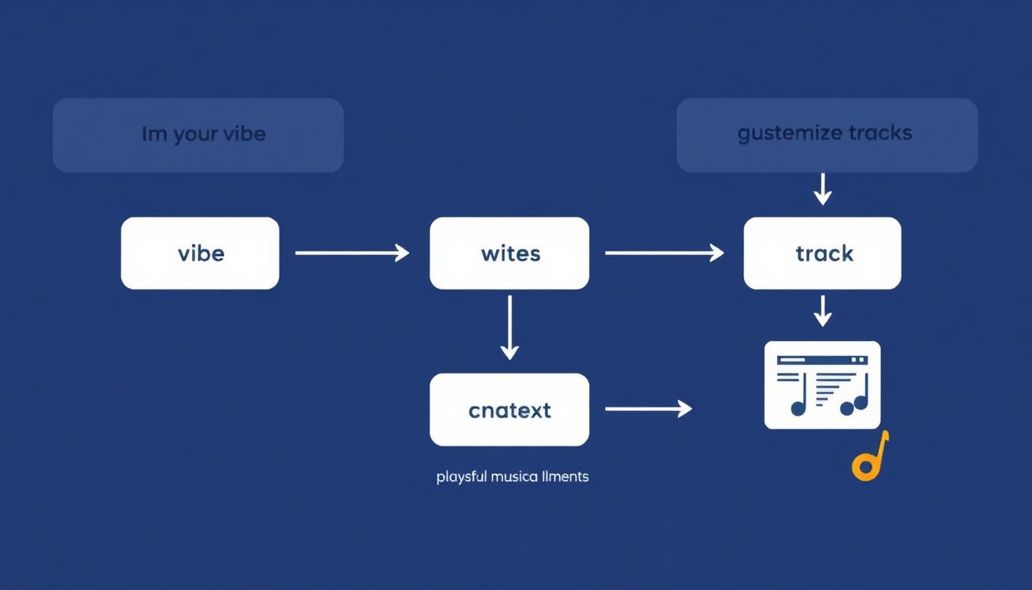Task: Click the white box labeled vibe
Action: (200, 253)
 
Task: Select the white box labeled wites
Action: (509, 253)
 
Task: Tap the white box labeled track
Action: (822, 253)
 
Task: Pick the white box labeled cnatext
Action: (509, 409)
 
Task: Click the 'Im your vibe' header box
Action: (198, 134)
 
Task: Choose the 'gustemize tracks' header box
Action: (827, 134)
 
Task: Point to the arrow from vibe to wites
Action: (352, 252)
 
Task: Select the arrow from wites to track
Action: (664, 252)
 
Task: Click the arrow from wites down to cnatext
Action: (509, 328)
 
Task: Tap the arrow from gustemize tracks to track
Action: (822, 188)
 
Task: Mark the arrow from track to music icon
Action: (822, 310)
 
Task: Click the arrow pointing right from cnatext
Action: (649, 409)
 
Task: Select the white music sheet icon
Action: (822, 385)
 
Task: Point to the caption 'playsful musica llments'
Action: (512, 477)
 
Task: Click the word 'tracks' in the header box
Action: (880, 133)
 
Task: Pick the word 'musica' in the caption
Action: (512, 477)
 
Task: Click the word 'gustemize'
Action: (789, 134)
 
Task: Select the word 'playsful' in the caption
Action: (461, 477)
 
